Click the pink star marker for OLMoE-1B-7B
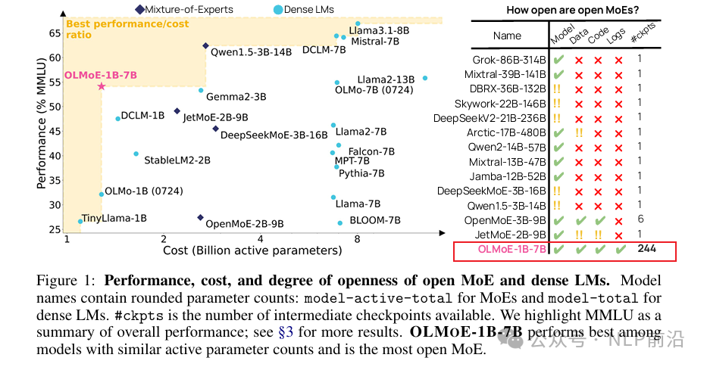(101, 86)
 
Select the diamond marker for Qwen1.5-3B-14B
(205, 45)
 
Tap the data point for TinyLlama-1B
(80, 221)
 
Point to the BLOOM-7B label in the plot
(374, 221)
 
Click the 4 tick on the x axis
(261, 239)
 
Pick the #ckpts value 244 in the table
(646, 248)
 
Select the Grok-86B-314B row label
(508, 59)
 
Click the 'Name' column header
(507, 36)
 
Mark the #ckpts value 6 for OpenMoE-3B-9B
(640, 219)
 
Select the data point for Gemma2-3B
(201, 90)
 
